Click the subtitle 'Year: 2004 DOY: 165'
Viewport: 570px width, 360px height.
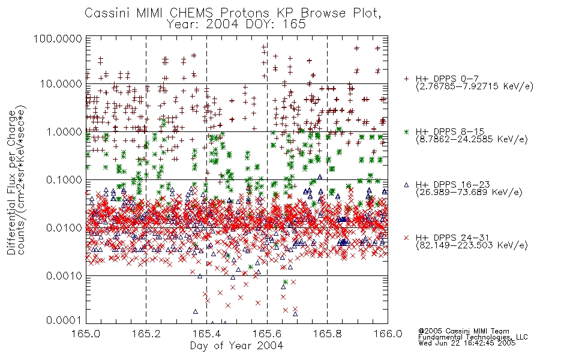[x=236, y=25]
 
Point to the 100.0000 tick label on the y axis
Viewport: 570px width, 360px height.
[x=58, y=38]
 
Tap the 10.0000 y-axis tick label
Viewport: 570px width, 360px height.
[x=61, y=84]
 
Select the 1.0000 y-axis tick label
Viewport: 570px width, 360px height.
[x=64, y=131]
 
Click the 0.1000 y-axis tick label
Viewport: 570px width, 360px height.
[x=64, y=179]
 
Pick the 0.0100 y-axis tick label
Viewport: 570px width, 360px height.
[x=64, y=228]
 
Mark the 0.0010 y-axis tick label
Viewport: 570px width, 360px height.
[x=64, y=276]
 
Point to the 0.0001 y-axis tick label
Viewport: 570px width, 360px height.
[x=64, y=320]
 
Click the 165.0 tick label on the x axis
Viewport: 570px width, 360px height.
[x=86, y=334]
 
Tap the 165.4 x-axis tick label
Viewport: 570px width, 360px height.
[x=206, y=334]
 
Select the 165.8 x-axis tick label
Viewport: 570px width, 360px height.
[x=327, y=334]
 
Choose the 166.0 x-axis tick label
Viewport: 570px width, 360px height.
[x=388, y=334]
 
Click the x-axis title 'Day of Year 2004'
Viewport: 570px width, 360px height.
[x=236, y=346]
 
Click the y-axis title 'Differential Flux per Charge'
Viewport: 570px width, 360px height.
[x=12, y=182]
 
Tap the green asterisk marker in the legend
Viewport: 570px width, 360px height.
[x=406, y=131]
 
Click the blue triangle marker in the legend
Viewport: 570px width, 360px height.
[x=406, y=185]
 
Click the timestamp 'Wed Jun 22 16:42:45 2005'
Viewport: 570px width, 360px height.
[x=467, y=343]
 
